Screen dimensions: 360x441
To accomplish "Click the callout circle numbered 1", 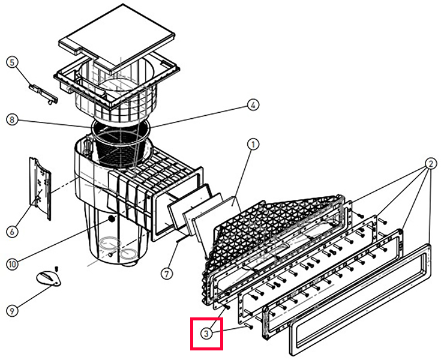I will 254,144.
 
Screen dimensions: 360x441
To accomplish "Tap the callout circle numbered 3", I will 206,332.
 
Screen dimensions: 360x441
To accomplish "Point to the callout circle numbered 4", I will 254,104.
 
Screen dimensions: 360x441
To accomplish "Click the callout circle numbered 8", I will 11,119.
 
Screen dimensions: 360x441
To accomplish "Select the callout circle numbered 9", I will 11,310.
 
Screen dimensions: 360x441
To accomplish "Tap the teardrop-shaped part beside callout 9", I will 49,277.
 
